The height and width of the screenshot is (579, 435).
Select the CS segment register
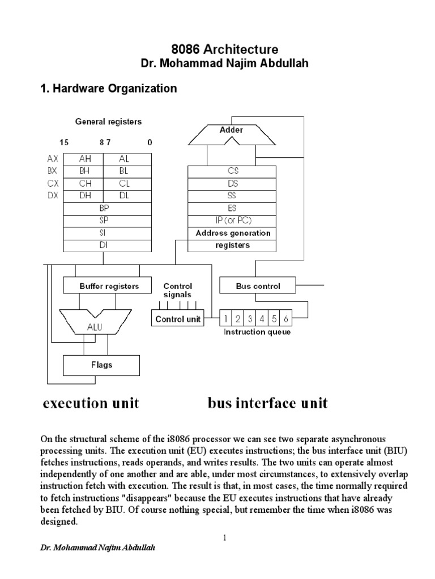pyautogui.click(x=232, y=171)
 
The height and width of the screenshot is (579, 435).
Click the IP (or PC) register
pyautogui.click(x=232, y=221)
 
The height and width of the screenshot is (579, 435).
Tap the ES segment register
pyautogui.click(x=232, y=208)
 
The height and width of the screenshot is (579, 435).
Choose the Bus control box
pyautogui.click(x=258, y=286)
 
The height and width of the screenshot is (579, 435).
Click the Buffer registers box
pyautogui.click(x=101, y=286)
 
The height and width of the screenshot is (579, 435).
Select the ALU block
pyautogui.click(x=95, y=326)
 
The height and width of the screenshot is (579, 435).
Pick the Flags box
pyautogui.click(x=101, y=365)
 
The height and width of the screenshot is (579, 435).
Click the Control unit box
pyautogui.click(x=178, y=319)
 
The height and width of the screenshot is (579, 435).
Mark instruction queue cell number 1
pyautogui.click(x=225, y=319)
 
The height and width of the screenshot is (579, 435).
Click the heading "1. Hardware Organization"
pyautogui.click(x=108, y=89)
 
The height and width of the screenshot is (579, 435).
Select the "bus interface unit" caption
pyautogui.click(x=267, y=403)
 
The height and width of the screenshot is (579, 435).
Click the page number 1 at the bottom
pyautogui.click(x=225, y=538)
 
